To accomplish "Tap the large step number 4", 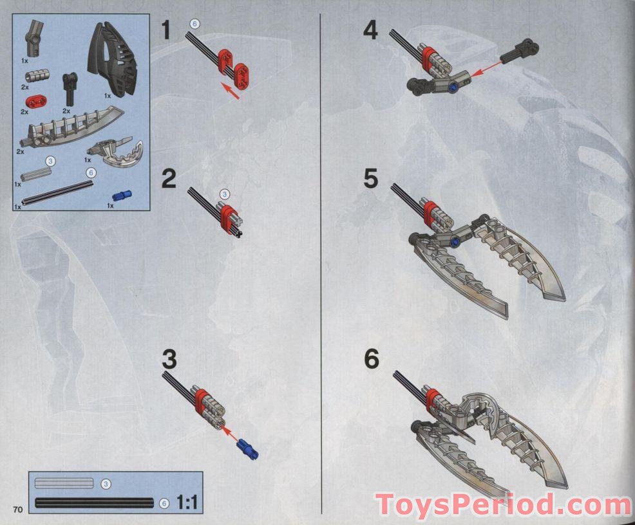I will point(370,31).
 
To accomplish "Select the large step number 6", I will point(371,359).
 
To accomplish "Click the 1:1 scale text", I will point(187,502).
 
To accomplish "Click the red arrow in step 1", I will point(232,91).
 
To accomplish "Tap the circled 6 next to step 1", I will point(194,24).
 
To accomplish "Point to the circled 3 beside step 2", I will point(224,194).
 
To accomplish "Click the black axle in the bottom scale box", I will point(94,503).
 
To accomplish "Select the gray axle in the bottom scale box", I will point(64,483).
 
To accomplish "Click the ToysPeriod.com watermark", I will point(503,504).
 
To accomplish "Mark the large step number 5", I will point(371,179).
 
